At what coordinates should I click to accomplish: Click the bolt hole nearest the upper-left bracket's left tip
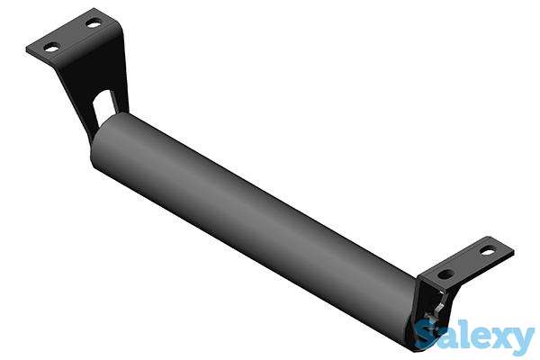[52, 48]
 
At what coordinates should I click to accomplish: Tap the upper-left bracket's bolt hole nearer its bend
[93, 24]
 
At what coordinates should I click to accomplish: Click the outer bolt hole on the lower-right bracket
[487, 251]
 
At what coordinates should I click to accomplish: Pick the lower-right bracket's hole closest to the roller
[446, 274]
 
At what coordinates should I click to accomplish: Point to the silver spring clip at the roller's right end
[435, 311]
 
